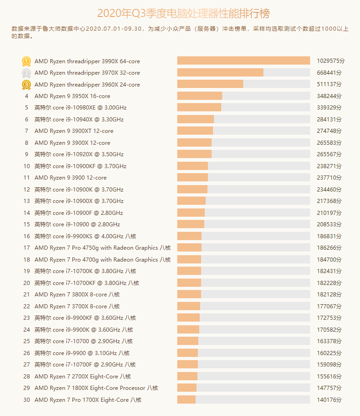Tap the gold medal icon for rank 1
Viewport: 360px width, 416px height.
click(27, 61)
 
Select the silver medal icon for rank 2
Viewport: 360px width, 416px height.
click(27, 73)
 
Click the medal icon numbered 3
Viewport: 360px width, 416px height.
click(27, 84)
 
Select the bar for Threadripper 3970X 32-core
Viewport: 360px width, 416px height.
click(220, 73)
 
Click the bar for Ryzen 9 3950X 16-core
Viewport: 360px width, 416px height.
click(200, 96)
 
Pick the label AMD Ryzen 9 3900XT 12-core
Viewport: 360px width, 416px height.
click(74, 131)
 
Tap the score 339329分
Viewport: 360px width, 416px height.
click(329, 108)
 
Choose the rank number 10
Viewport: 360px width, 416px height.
click(27, 166)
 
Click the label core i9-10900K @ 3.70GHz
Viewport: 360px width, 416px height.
click(79, 189)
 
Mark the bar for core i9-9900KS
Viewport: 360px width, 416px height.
click(189, 236)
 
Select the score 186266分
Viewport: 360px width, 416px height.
click(329, 248)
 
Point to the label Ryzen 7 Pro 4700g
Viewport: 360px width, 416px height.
click(103, 259)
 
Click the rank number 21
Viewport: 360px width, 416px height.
click(27, 295)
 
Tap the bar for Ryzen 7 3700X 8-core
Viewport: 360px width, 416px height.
click(189, 306)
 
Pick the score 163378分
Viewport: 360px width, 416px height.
click(329, 341)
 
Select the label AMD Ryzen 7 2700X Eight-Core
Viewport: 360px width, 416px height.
click(82, 376)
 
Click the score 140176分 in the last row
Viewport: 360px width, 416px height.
click(329, 400)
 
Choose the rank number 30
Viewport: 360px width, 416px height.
click(27, 400)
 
